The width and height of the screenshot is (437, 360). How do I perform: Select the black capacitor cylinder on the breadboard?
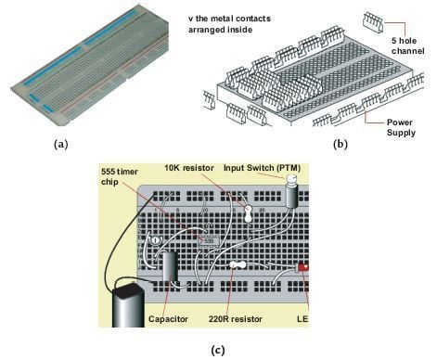click(170, 270)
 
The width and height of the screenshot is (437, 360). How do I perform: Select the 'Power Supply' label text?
click(384, 125)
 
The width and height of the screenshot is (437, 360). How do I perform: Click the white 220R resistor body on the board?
click(238, 266)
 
